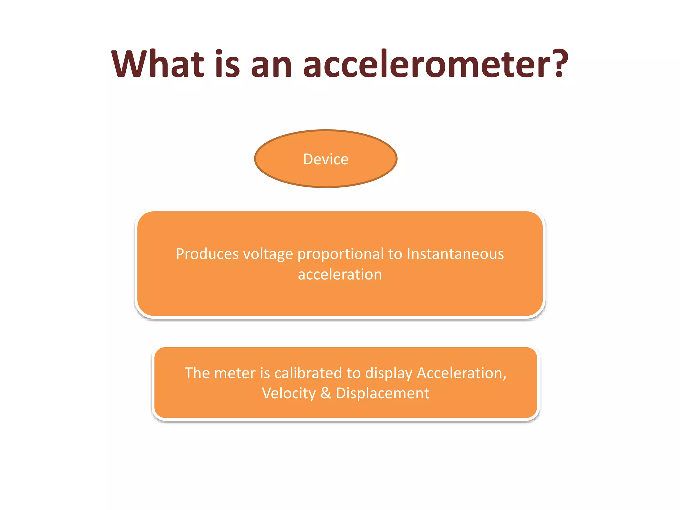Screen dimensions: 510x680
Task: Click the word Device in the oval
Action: pos(326,159)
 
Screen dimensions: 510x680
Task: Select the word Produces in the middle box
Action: pos(207,254)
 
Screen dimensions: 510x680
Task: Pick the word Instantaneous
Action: pos(455,254)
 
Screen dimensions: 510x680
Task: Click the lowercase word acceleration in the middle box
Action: pos(340,275)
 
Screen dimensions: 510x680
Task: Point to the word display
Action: pos(388,374)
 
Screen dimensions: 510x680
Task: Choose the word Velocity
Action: pos(289,394)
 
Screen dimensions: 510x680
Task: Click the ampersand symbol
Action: pos(326,393)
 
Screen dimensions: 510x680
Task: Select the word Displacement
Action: pos(382,394)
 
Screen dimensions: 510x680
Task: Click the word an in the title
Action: pos(271,65)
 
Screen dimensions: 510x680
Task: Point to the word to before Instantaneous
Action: pos(395,254)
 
